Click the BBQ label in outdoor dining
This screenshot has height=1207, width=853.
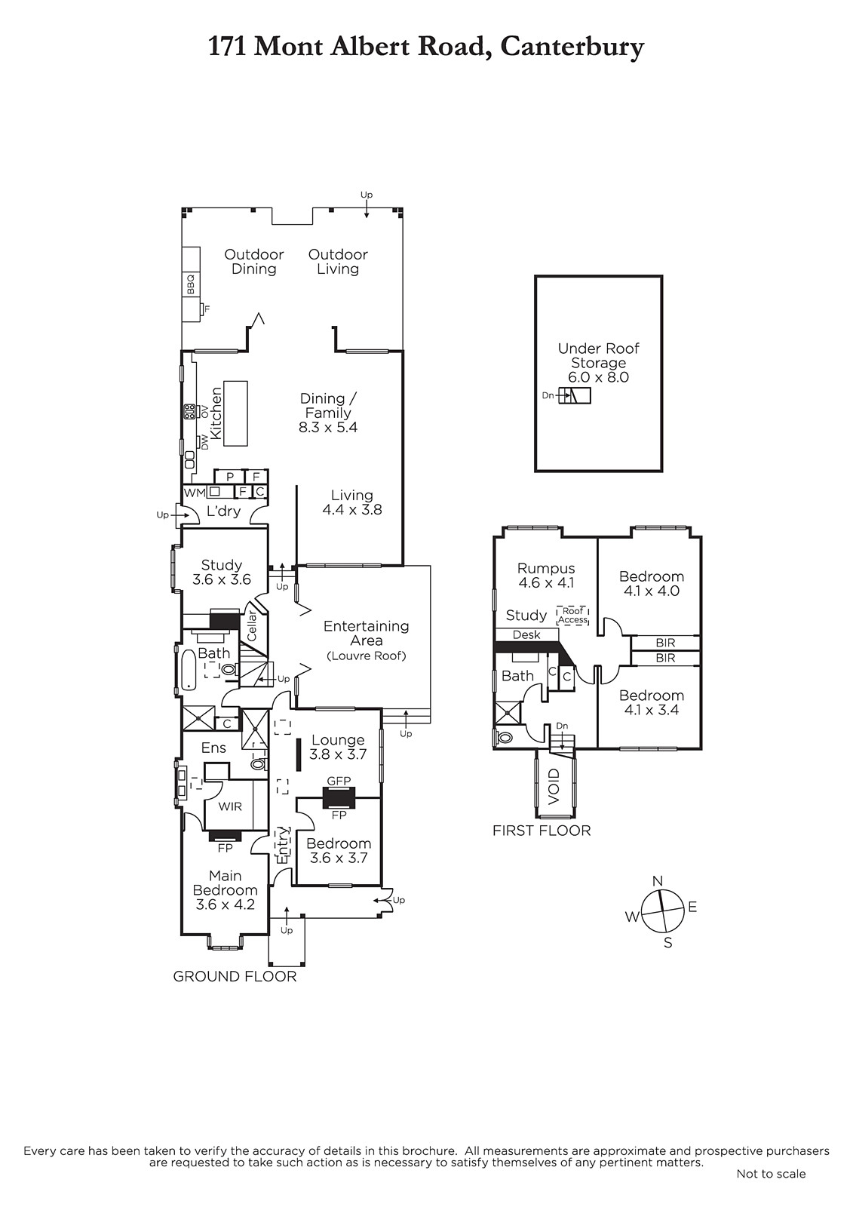(190, 284)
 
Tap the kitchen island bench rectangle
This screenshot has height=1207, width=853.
(235, 413)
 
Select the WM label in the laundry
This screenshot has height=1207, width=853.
(195, 493)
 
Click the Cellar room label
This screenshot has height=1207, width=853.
(252, 625)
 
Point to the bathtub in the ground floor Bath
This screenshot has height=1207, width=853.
(188, 671)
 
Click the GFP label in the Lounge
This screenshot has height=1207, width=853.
(339, 781)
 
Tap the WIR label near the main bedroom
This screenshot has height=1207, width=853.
(230, 806)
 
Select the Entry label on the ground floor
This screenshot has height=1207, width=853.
(284, 845)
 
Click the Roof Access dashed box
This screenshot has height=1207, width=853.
(572, 616)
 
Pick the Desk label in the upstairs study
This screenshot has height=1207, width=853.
(526, 634)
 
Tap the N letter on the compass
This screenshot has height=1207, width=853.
(658, 881)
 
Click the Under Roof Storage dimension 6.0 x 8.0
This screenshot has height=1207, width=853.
(599, 377)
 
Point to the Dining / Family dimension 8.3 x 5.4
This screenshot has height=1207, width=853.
(328, 427)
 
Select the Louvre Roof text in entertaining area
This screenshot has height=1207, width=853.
(367, 656)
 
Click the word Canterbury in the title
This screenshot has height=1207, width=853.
(572, 48)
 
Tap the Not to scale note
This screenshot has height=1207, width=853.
(771, 1174)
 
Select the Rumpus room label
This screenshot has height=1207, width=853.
(546, 569)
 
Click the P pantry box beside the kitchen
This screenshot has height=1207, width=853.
(230, 476)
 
